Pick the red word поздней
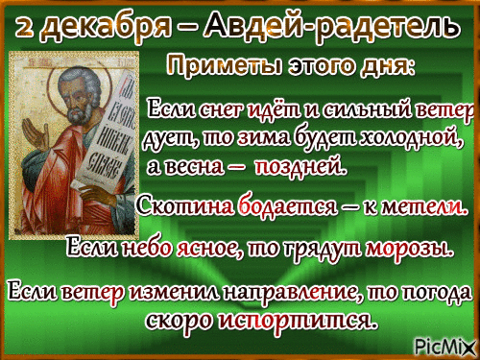(x=300, y=167)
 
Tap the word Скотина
(x=185, y=206)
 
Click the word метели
(x=423, y=207)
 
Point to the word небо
(x=148, y=248)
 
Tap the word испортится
(x=297, y=321)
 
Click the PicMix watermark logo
(x=444, y=346)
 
